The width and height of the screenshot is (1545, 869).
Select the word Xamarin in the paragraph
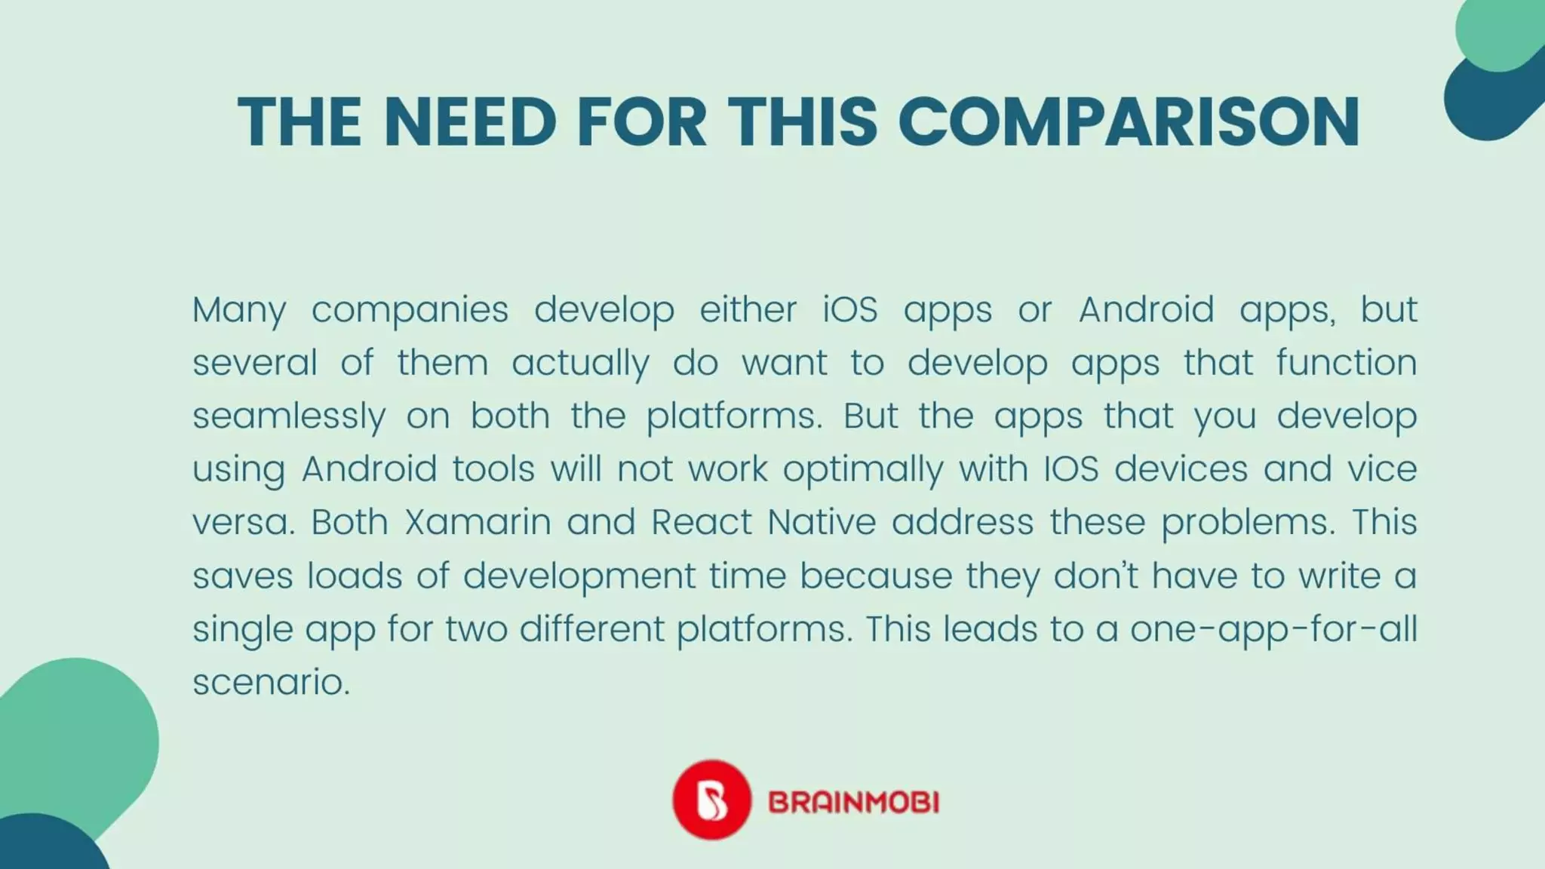click(x=478, y=522)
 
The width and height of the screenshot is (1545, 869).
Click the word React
click(x=702, y=522)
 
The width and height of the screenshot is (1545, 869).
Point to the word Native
click(x=822, y=522)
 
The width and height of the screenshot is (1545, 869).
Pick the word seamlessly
click(x=289, y=416)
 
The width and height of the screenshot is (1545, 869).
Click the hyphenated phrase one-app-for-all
click(x=1273, y=629)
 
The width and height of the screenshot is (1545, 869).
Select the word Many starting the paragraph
click(x=239, y=310)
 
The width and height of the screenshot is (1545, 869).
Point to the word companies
click(x=410, y=310)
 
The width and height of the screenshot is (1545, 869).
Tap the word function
click(x=1346, y=363)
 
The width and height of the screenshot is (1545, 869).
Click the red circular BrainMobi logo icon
click(x=711, y=800)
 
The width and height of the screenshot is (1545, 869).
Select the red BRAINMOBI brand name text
click(x=853, y=802)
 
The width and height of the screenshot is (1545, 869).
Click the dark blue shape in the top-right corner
click(x=1479, y=106)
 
